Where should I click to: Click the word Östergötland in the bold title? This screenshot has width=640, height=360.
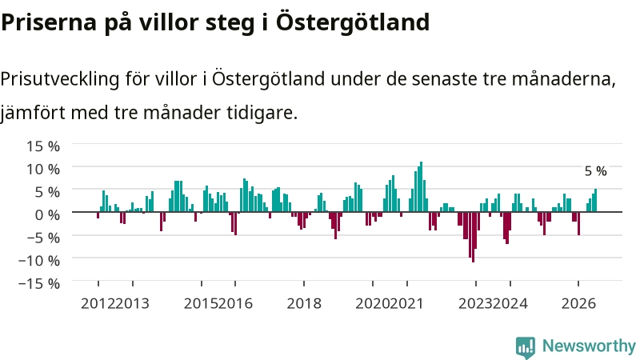click(x=353, y=22)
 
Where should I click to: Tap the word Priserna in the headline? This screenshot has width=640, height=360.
click(x=49, y=23)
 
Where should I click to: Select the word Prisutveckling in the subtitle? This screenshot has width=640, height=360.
click(x=60, y=79)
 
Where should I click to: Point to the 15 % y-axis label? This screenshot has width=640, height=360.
click(x=43, y=146)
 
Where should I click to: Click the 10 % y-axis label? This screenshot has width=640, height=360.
click(x=43, y=169)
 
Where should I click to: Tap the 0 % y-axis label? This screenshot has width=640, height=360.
click(x=47, y=214)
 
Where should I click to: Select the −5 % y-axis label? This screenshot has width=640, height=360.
click(x=43, y=237)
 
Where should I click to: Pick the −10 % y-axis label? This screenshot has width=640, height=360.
click(x=39, y=260)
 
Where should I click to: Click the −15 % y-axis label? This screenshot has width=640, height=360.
click(x=39, y=283)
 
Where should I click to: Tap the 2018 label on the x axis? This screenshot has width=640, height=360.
click(x=304, y=304)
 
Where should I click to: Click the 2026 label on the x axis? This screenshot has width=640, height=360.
click(x=578, y=304)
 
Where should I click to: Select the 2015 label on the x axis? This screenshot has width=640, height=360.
click(x=202, y=304)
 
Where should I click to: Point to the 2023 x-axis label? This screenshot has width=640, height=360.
click(x=475, y=304)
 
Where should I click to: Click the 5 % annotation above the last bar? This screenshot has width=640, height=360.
click(x=595, y=171)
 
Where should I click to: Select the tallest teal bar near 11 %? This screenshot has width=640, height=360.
click(x=422, y=186)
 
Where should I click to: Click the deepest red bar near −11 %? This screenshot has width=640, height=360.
click(x=473, y=237)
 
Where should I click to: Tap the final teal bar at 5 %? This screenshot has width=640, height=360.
click(x=595, y=201)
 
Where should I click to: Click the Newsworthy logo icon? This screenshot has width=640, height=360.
click(x=526, y=347)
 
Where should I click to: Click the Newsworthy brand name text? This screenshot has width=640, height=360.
click(x=589, y=346)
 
